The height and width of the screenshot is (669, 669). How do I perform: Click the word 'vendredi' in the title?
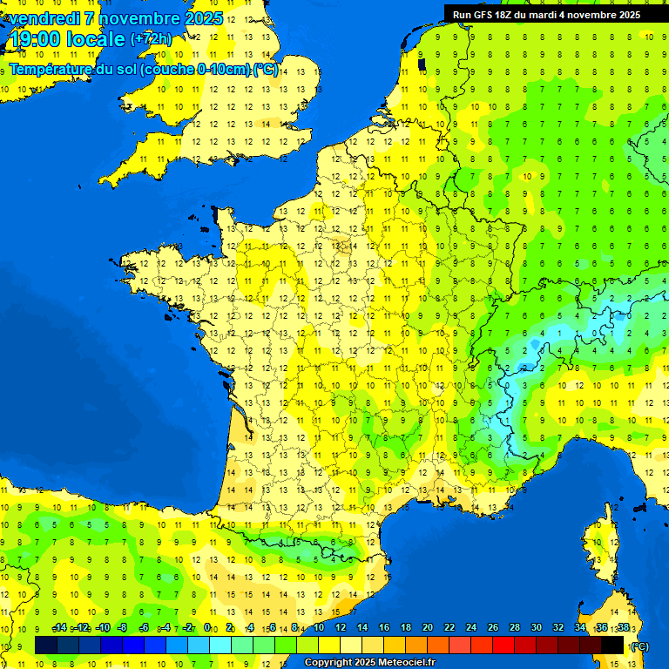44,18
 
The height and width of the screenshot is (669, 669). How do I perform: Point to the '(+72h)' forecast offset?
151,38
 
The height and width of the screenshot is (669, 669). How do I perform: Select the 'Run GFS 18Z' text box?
546,15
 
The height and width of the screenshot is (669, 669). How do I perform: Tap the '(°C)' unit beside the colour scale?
639,645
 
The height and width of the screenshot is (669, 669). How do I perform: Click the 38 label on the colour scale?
623,627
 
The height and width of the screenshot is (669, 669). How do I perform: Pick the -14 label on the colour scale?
59,627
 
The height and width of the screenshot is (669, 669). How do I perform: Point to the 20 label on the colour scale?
428,627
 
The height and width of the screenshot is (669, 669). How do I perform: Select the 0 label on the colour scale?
207,627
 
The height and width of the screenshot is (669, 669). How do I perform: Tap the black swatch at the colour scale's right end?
613,645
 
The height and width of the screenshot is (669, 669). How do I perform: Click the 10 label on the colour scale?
318,627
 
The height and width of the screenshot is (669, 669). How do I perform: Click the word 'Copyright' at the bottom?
329,663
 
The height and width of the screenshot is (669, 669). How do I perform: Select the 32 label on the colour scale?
558,627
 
